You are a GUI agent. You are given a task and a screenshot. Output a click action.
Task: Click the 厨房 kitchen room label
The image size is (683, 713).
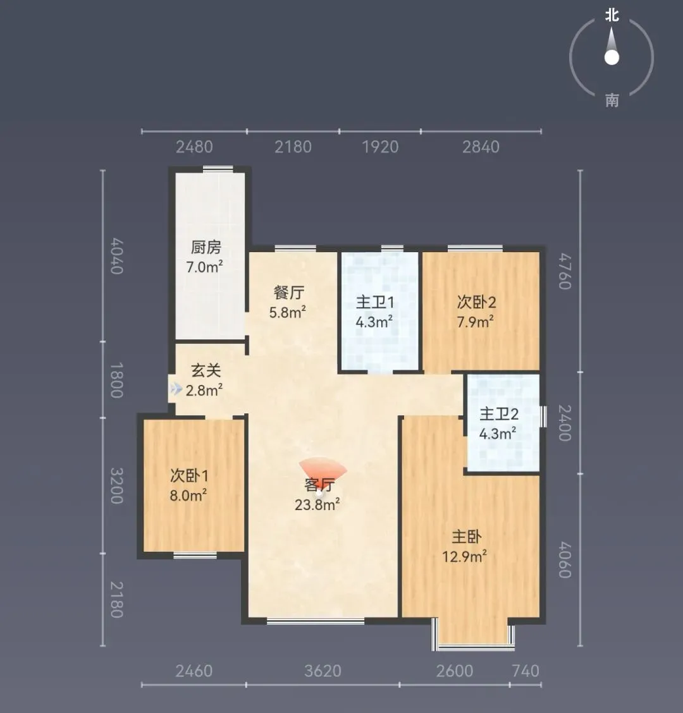click(x=206, y=247)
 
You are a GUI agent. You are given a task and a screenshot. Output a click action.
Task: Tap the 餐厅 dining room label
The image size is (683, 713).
click(x=288, y=293)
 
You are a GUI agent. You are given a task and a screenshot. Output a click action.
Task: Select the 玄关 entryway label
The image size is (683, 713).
click(x=206, y=370)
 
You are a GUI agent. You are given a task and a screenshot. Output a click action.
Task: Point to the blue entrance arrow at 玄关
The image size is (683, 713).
click(x=176, y=389)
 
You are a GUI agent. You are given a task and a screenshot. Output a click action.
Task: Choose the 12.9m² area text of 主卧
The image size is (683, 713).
click(x=465, y=556)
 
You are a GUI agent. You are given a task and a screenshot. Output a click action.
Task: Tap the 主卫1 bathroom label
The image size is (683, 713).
click(x=374, y=302)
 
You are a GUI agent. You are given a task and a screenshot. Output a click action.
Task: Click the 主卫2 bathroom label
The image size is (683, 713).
click(x=499, y=414)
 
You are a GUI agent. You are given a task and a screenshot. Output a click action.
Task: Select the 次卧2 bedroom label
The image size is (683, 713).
click(x=476, y=302)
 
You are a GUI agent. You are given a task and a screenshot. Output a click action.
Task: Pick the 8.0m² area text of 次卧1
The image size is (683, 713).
click(x=188, y=495)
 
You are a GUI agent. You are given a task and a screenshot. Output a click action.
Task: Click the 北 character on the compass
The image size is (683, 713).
click(x=612, y=15)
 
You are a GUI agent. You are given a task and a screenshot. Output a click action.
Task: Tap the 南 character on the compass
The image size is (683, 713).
click(x=612, y=100)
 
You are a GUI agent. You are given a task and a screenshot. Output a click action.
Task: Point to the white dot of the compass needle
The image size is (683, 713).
click(x=612, y=58)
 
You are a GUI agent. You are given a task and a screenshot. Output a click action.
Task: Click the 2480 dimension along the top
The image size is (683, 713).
click(x=194, y=147)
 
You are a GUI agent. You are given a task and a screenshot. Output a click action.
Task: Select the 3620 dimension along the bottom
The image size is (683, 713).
click(x=323, y=671)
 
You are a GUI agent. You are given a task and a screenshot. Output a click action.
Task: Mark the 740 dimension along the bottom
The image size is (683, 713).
click(x=526, y=671)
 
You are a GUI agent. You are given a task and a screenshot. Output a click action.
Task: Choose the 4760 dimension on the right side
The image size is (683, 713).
click(x=565, y=271)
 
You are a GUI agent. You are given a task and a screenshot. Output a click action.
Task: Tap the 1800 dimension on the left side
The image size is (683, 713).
click(x=117, y=380)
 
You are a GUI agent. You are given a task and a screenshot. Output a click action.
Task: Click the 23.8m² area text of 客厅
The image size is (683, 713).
click(x=317, y=505)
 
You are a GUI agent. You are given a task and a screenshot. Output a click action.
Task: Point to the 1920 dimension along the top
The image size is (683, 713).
click(x=380, y=147)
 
